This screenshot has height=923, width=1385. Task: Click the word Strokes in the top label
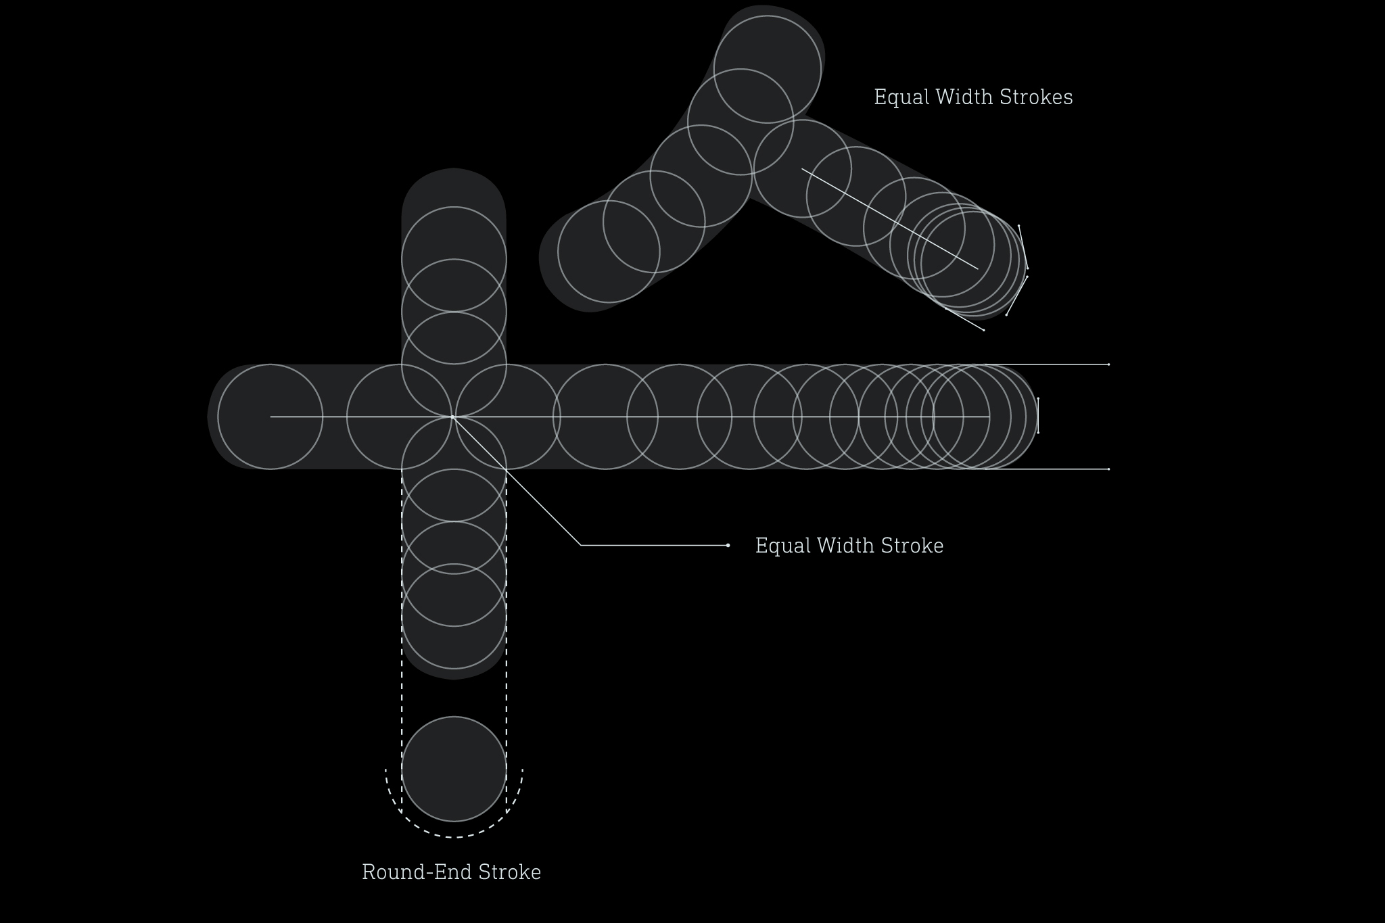(x=1035, y=97)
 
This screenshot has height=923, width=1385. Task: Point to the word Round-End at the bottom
(x=416, y=872)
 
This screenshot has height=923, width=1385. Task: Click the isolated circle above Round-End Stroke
(x=454, y=769)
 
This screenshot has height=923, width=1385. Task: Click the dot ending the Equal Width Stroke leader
(x=728, y=545)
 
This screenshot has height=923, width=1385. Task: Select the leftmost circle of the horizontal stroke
(x=270, y=417)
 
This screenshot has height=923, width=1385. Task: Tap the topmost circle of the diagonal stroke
(x=767, y=69)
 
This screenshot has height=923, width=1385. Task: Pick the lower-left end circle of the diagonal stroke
(x=608, y=252)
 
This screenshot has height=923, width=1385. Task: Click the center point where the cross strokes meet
(x=453, y=417)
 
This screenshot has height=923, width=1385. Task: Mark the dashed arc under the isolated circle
(x=454, y=836)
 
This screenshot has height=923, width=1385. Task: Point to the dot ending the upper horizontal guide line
(x=1108, y=364)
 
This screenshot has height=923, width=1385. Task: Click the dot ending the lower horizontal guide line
(x=1108, y=469)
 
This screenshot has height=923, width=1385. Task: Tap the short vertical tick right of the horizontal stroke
(x=1037, y=416)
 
